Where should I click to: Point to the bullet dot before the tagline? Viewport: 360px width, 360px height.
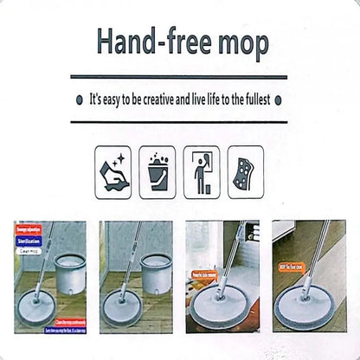click(79, 100)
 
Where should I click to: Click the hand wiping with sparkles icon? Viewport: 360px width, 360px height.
click(112, 172)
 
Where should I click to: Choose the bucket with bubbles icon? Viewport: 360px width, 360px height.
click(157, 172)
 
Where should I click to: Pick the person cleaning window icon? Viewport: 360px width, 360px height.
click(202, 172)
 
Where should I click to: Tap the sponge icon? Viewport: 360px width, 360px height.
click(246, 172)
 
